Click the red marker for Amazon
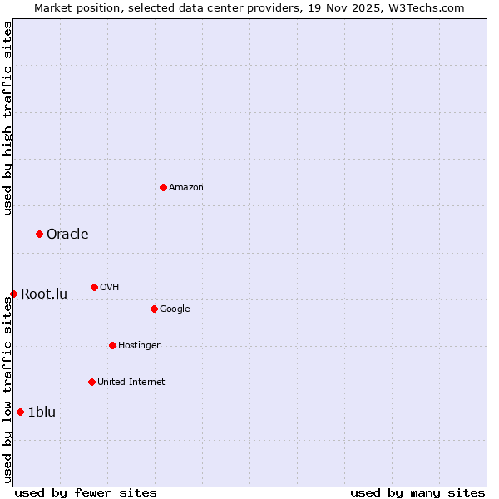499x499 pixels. pyautogui.click(x=163, y=187)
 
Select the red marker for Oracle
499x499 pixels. pyautogui.click(x=39, y=234)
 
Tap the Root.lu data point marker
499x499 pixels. pyautogui.click(x=13, y=294)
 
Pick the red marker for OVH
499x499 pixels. pyautogui.click(x=94, y=287)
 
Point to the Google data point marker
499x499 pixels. pyautogui.click(x=154, y=309)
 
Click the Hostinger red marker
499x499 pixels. pyautogui.click(x=112, y=345)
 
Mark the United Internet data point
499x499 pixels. pyautogui.click(x=91, y=382)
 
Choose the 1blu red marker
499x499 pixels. pyautogui.click(x=20, y=412)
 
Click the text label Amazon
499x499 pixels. pyautogui.click(x=186, y=187)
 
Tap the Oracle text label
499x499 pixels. pyautogui.click(x=67, y=234)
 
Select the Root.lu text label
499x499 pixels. pyautogui.click(x=44, y=294)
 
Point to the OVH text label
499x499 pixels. pyautogui.click(x=109, y=287)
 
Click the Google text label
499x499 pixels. pyautogui.click(x=175, y=309)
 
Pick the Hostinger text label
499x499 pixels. pyautogui.click(x=139, y=345)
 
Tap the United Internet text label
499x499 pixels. pyautogui.click(x=131, y=382)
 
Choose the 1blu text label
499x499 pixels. pyautogui.click(x=42, y=412)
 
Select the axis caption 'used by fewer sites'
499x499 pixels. pyautogui.click(x=86, y=492)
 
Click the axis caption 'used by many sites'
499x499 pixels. pyautogui.click(x=417, y=492)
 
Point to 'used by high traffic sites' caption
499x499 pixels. pyautogui.click(x=7, y=118)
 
